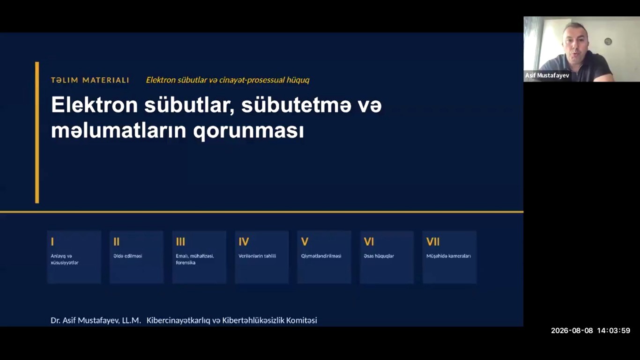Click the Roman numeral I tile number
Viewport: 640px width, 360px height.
click(52, 242)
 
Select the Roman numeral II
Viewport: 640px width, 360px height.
click(116, 242)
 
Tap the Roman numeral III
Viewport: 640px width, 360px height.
click(180, 242)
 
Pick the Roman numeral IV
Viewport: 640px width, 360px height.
click(244, 242)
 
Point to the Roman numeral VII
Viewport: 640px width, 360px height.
click(433, 242)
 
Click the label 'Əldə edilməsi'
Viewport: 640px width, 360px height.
click(128, 256)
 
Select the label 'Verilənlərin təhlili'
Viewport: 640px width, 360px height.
click(257, 256)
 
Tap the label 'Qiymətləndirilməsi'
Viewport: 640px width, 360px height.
click(321, 256)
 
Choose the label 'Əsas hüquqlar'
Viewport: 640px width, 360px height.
click(379, 256)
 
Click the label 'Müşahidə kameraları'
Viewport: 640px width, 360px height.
click(448, 256)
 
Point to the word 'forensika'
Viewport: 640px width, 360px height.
click(186, 262)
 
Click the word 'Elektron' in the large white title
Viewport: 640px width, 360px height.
click(95, 105)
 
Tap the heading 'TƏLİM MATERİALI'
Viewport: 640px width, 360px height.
click(90, 80)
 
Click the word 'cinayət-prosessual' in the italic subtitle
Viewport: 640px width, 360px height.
click(252, 80)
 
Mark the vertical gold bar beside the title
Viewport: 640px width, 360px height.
click(37, 132)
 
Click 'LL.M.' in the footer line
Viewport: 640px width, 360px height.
click(132, 320)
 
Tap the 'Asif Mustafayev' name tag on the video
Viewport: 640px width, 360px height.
click(547, 75)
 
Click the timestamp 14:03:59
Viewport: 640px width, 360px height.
click(613, 330)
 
